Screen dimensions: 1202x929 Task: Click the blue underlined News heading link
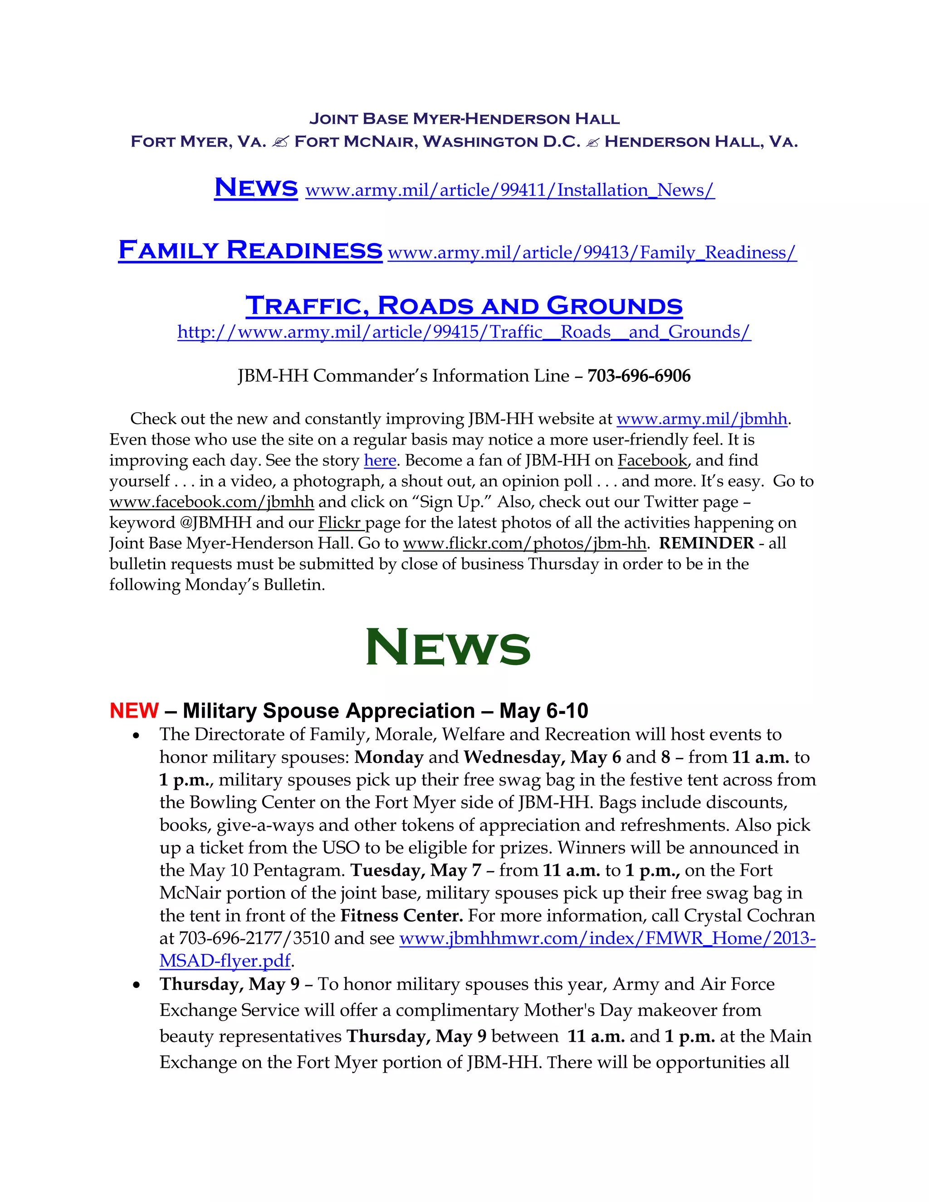point(256,188)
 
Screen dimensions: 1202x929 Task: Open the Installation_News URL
point(509,191)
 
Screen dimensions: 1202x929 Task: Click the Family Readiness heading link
point(250,250)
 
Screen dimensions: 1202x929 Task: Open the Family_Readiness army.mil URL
point(592,253)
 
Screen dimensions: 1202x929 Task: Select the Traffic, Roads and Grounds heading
point(464,306)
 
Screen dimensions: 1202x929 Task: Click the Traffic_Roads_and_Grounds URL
point(464,332)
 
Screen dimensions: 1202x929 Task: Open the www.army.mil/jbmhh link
point(702,420)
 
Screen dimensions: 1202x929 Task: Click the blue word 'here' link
point(380,461)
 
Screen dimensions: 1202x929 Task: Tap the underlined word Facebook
point(653,461)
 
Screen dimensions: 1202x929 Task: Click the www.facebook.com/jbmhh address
point(212,503)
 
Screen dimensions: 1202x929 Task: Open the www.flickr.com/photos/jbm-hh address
point(524,544)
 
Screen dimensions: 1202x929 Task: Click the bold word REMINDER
point(707,544)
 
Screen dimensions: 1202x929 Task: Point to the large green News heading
point(448,648)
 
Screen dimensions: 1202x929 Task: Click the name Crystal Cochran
point(749,916)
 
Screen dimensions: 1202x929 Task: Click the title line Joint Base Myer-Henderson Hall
point(464,119)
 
